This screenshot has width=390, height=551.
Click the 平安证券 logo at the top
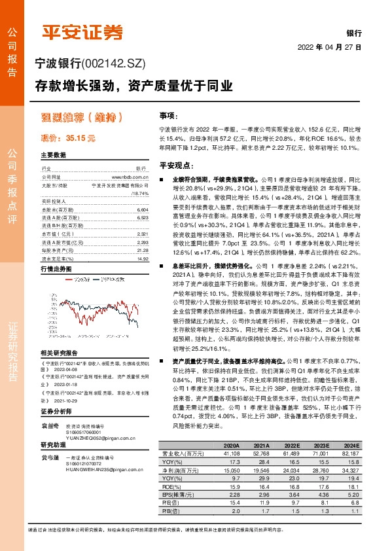coord(82,32)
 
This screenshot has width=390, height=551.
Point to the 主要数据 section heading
coord(54,156)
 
